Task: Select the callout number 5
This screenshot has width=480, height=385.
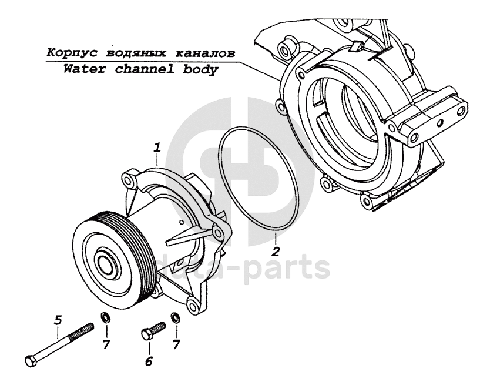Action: click(58, 320)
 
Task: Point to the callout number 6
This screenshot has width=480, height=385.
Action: click(149, 361)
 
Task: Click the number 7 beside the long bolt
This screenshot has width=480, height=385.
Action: click(106, 344)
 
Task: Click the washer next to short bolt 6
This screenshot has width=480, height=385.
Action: click(174, 319)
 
